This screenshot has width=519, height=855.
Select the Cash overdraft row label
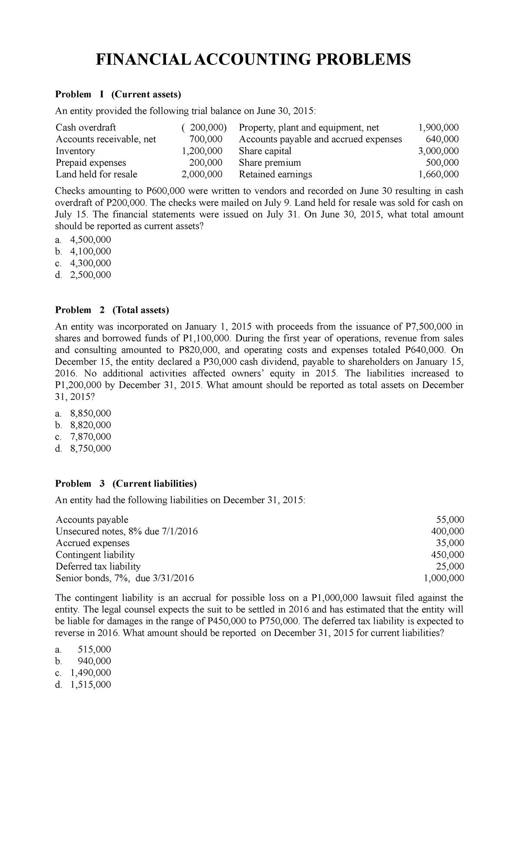(86, 127)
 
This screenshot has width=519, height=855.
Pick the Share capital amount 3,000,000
(438, 151)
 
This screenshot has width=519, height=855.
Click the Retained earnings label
(275, 174)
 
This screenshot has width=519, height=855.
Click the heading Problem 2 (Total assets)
(112, 310)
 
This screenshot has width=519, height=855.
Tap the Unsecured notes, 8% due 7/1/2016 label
(127, 531)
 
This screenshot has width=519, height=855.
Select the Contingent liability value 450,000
(451, 554)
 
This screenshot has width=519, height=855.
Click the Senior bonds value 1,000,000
(445, 578)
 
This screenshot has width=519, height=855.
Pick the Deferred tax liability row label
(98, 566)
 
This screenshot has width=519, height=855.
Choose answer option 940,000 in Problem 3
(94, 661)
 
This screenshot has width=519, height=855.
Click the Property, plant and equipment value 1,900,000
(438, 127)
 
